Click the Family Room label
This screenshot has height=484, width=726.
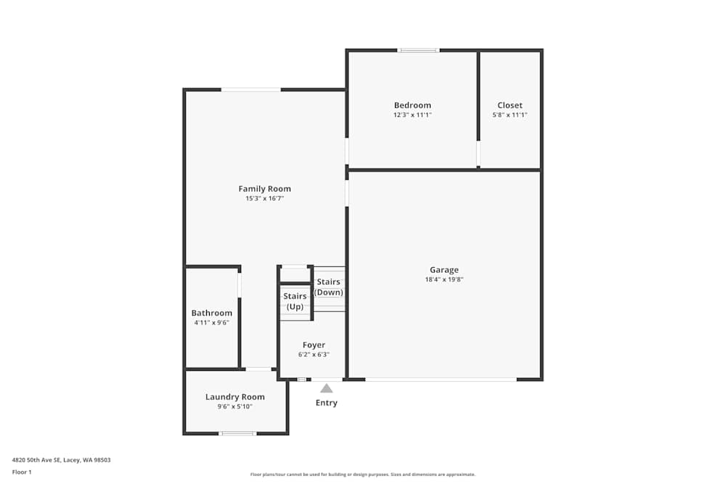pyautogui.click(x=264, y=189)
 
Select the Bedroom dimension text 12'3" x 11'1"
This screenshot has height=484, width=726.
pyautogui.click(x=412, y=115)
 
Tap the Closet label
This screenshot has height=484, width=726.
pyautogui.click(x=510, y=105)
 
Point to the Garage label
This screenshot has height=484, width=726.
pyautogui.click(x=444, y=270)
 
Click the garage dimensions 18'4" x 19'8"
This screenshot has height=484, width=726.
pyautogui.click(x=444, y=279)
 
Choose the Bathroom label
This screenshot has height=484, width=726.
pyautogui.click(x=211, y=313)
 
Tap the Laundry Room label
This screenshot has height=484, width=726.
pyautogui.click(x=234, y=397)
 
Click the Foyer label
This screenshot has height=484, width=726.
pyautogui.click(x=314, y=345)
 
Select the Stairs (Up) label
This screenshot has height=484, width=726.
pyautogui.click(x=295, y=301)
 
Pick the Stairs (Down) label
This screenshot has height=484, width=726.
pyautogui.click(x=328, y=287)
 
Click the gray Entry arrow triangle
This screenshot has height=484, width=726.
pyautogui.click(x=327, y=388)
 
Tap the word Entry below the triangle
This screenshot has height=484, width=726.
pyautogui.click(x=326, y=403)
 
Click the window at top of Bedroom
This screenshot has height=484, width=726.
pyautogui.click(x=418, y=50)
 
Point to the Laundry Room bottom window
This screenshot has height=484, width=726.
pyautogui.click(x=237, y=433)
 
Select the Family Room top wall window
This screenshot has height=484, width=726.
pyautogui.click(x=250, y=89)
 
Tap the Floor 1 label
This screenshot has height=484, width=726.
pyautogui.click(x=22, y=472)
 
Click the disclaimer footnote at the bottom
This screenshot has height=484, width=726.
pyautogui.click(x=362, y=474)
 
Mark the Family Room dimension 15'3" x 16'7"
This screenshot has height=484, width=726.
pyautogui.click(x=264, y=198)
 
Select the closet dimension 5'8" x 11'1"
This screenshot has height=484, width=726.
pyautogui.click(x=510, y=115)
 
